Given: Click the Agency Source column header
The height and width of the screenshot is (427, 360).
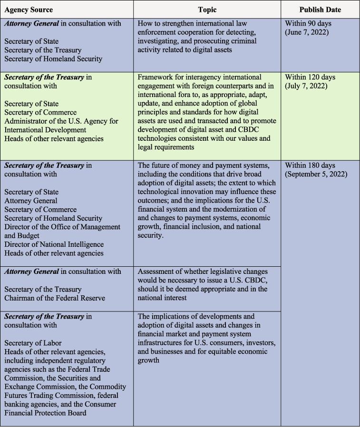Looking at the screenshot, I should click(x=29, y=10).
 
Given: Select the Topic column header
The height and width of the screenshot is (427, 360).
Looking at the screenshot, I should click(x=207, y=10).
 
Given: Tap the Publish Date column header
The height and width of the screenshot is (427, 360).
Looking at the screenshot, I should click(x=320, y=10).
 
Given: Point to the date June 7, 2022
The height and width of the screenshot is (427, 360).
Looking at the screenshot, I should click(x=308, y=32).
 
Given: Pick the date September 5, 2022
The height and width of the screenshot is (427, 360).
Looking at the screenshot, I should click(x=316, y=174).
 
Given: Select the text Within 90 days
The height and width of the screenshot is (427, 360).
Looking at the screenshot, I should click(x=309, y=23).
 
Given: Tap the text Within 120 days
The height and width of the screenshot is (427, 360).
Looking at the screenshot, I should click(x=310, y=77).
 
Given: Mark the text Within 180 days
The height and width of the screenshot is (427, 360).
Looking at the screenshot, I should click(x=310, y=165).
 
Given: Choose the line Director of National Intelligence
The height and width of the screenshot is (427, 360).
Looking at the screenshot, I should click(x=54, y=244).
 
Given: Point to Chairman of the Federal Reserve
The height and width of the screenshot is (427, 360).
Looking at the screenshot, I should click(x=55, y=298).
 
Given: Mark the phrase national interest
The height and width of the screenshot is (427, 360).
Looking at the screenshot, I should click(x=165, y=298).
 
